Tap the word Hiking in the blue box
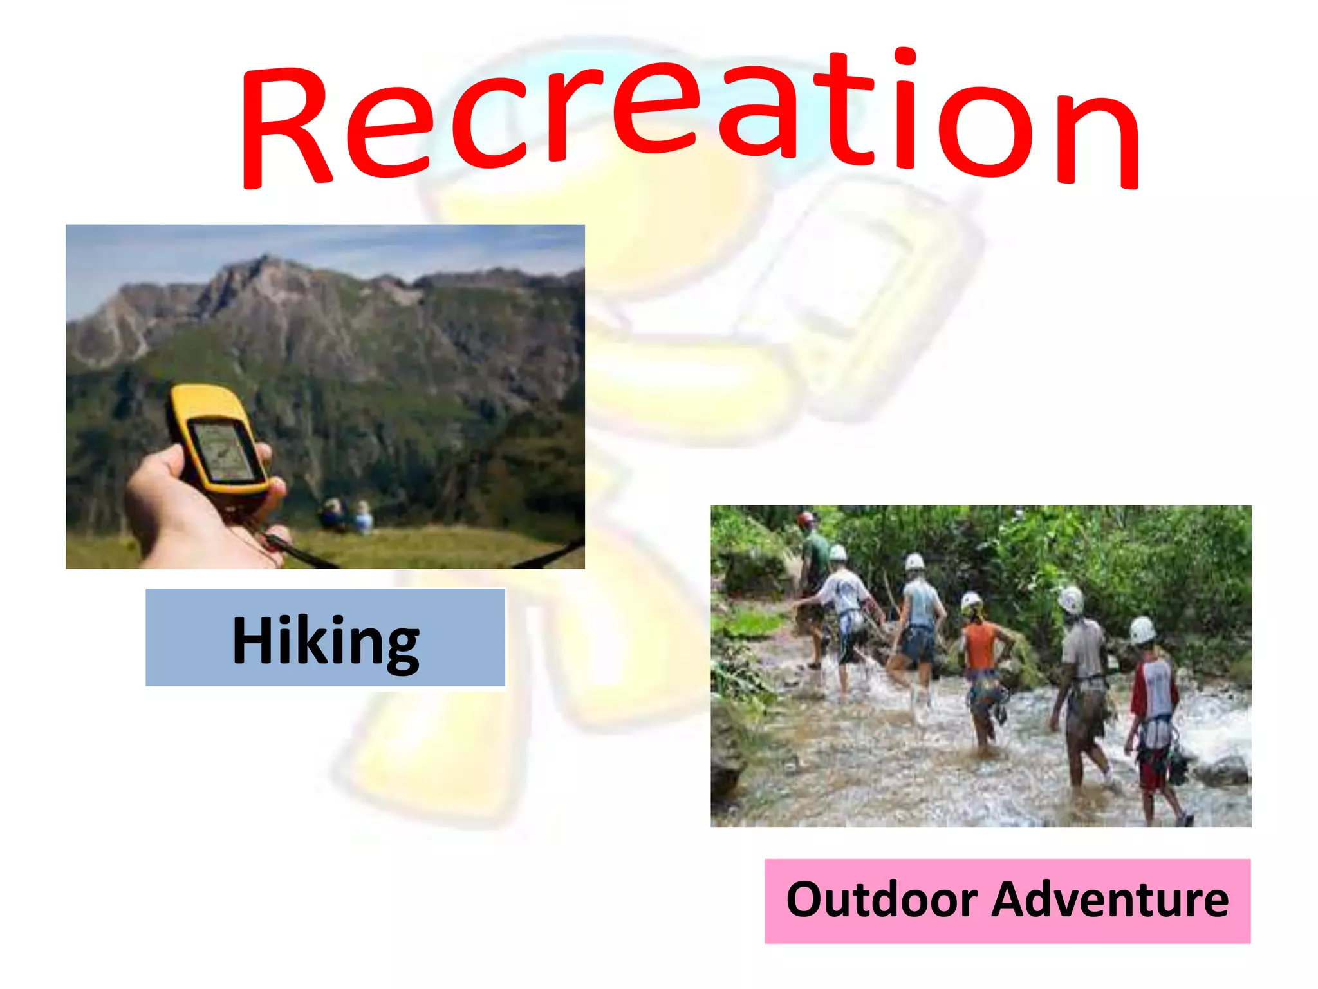(x=326, y=640)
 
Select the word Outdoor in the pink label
(x=881, y=900)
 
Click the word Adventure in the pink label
(x=1109, y=900)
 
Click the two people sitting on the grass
(x=348, y=515)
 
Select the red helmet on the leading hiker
(x=805, y=518)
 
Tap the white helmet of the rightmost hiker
(x=1142, y=629)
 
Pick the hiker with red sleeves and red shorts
(x=1155, y=721)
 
